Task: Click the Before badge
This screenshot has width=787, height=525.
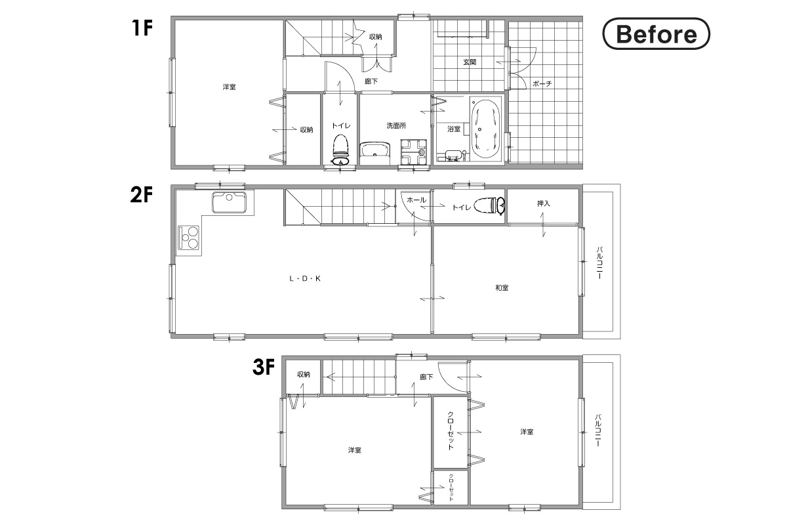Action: (656, 33)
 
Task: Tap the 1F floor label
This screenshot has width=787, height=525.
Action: (142, 28)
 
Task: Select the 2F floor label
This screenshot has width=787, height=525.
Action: (142, 195)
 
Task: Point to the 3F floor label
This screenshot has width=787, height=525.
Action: (264, 367)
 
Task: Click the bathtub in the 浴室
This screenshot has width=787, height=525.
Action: (485, 129)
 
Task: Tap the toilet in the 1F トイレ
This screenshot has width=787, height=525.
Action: (340, 149)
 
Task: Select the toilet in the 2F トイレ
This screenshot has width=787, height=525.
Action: (489, 205)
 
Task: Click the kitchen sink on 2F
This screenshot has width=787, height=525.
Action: (229, 202)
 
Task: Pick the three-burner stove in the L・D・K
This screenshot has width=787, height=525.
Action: (189, 237)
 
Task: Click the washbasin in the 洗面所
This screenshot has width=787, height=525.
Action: (375, 153)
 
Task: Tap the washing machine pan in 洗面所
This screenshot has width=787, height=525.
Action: (414, 152)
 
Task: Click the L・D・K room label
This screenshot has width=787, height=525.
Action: (305, 278)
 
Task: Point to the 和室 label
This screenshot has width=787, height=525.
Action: (502, 287)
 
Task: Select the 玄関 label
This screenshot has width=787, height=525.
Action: (470, 62)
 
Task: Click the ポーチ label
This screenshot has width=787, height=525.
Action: (542, 84)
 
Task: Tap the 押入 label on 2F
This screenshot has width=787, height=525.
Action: (544, 203)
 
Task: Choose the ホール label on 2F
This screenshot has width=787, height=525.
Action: (416, 200)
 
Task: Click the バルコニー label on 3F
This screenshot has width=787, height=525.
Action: (598, 430)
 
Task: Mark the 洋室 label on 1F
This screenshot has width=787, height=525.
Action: (229, 87)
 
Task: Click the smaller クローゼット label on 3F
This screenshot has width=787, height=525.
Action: (451, 488)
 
